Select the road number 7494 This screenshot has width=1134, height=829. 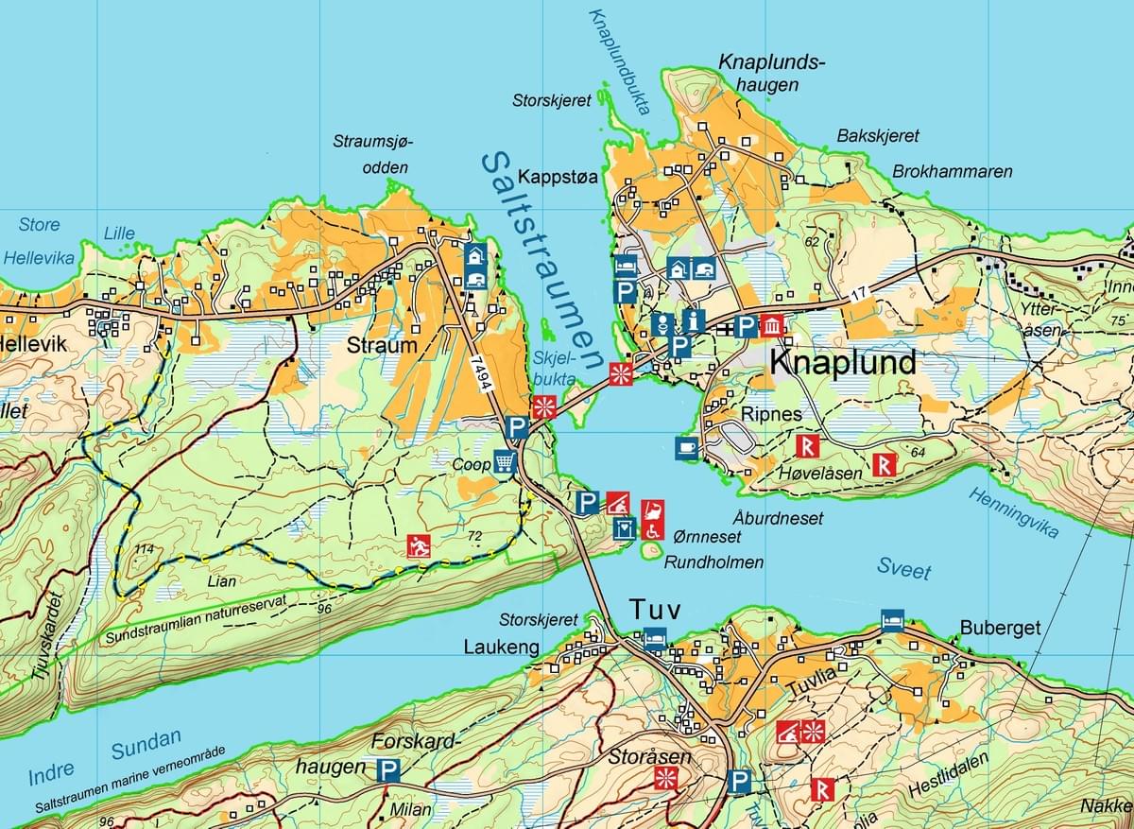(x=483, y=372)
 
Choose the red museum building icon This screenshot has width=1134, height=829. (x=772, y=326)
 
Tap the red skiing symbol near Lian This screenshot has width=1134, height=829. (x=419, y=545)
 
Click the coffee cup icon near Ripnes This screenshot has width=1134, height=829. (x=687, y=448)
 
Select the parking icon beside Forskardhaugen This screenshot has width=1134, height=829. (x=387, y=770)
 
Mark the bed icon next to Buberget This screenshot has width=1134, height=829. (x=891, y=620)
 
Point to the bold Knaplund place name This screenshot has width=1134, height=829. (x=843, y=362)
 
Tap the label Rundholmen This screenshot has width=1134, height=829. (x=713, y=562)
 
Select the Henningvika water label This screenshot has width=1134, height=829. (x=1012, y=513)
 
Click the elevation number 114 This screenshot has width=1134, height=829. (x=144, y=550)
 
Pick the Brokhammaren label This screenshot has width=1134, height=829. (x=953, y=172)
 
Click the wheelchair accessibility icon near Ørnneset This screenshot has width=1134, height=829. (x=652, y=531)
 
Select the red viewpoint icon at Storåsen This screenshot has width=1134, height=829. (x=667, y=778)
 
